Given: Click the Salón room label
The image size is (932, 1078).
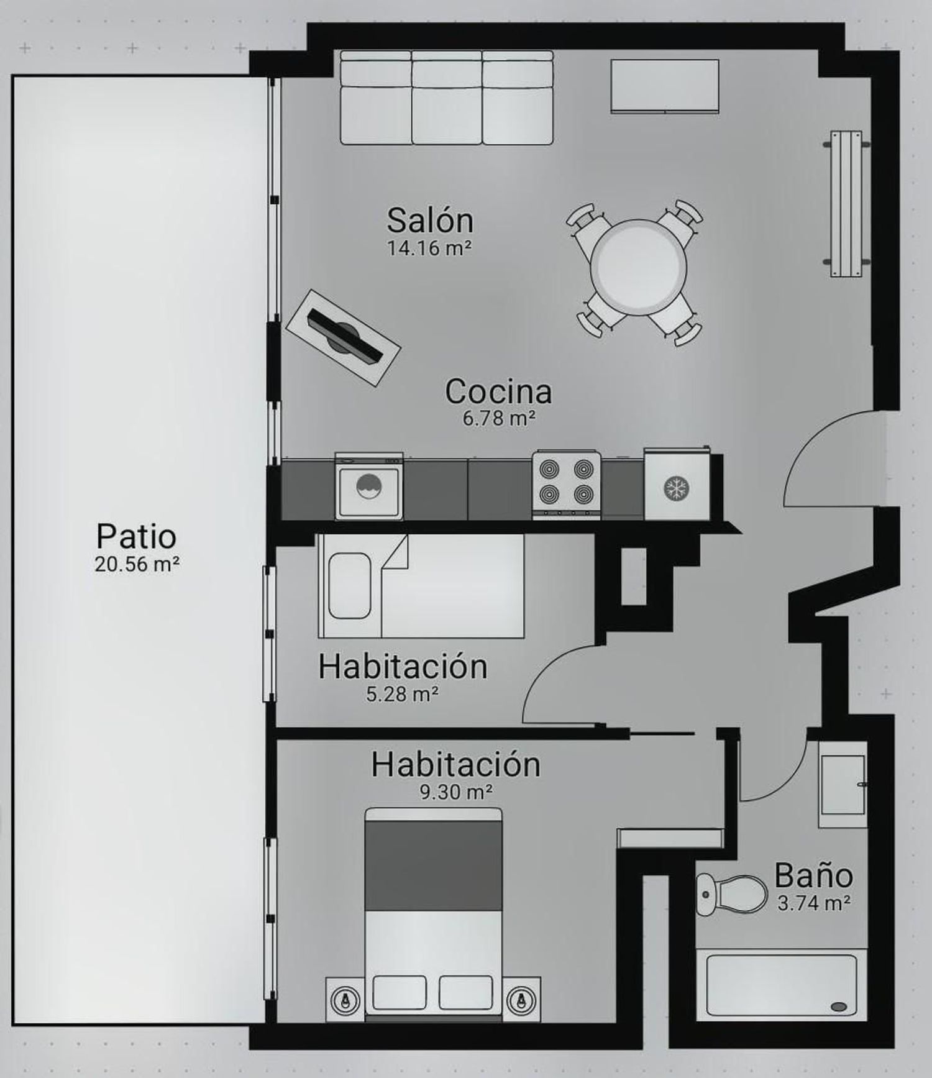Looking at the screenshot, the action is coord(430,220).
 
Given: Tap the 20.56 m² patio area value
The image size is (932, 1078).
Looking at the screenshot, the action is coord(137,565).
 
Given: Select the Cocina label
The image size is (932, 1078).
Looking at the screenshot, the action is coord(498,391).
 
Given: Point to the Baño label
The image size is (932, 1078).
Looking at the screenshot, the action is coord(813,875).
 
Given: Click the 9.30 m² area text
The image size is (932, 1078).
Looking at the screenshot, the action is coord(457,792).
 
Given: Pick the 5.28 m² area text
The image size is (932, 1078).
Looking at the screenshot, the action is coord(402,693).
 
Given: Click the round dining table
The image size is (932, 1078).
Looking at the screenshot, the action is coord(639,267).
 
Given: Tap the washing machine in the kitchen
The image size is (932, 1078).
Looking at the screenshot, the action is coord(369,486).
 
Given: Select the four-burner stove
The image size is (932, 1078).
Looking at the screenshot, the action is coord(567,485).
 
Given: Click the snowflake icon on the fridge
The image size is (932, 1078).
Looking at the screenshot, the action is coord(674,488).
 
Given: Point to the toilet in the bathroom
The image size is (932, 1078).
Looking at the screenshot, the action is coord(731,895).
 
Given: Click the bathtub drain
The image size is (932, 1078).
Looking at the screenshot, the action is coord(839,1007).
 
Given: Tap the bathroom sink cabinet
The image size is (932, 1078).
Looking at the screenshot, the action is coord(843,785).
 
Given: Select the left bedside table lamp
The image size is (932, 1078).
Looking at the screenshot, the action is coord(345,1001).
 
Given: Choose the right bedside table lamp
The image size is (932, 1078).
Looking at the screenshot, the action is coord(521,1001).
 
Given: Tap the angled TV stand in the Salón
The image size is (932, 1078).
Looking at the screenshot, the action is coord(343,338).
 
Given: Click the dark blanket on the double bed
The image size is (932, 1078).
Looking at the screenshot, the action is coord(433,866).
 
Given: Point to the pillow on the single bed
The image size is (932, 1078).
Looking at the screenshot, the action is coord(349,586).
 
